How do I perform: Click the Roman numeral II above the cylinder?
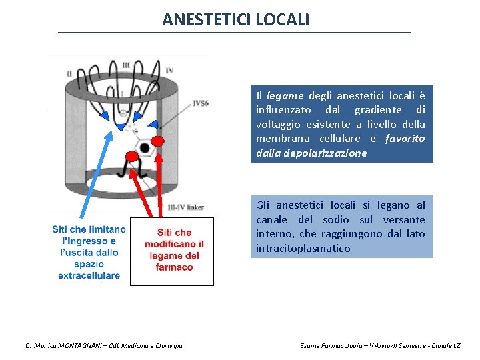[69, 73]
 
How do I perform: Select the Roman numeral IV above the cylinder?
[169, 70]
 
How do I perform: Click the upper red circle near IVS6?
[158, 141]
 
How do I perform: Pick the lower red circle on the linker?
[132, 156]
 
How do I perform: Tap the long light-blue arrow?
[107, 173]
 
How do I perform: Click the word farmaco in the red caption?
[175, 267]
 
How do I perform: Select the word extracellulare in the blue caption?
[89, 275]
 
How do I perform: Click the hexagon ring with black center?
[143, 147]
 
